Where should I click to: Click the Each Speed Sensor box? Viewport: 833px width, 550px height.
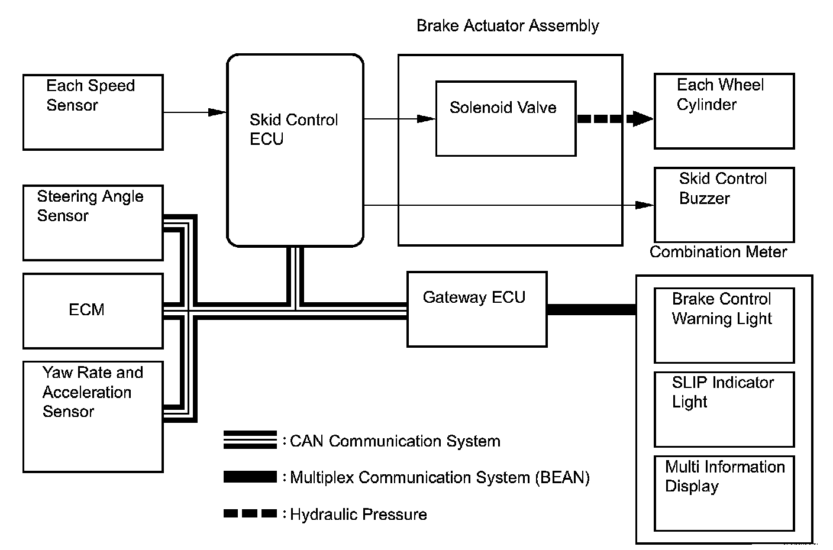pyautogui.click(x=93, y=112)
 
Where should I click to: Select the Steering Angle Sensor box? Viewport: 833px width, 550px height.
pyautogui.click(x=93, y=223)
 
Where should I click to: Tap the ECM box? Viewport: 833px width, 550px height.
pyautogui.click(x=93, y=311)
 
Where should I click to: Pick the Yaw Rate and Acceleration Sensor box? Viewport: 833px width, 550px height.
pyautogui.click(x=93, y=416)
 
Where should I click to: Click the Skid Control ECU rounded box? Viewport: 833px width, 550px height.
pyautogui.click(x=295, y=150)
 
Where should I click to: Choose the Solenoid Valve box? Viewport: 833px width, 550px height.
pyautogui.click(x=506, y=118)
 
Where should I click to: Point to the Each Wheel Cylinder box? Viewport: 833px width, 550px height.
pyautogui.click(x=724, y=111)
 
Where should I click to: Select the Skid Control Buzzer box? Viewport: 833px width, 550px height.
pyautogui.click(x=724, y=205)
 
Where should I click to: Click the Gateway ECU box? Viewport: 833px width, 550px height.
pyautogui.click(x=477, y=309)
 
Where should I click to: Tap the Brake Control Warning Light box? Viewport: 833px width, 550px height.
pyautogui.click(x=724, y=325)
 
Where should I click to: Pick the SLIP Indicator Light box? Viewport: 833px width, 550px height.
pyautogui.click(x=724, y=409)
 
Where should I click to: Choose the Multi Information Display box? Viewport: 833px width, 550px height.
pyautogui.click(x=724, y=493)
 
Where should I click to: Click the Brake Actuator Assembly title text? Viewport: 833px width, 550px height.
pyautogui.click(x=508, y=26)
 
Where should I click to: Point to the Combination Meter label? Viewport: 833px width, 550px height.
pyautogui.click(x=718, y=252)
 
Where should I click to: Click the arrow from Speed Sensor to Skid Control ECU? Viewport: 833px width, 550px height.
pyautogui.click(x=195, y=112)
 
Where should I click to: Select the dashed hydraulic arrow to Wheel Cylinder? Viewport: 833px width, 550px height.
pyautogui.click(x=615, y=119)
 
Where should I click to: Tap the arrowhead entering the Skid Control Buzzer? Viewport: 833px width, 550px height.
pyautogui.click(x=644, y=205)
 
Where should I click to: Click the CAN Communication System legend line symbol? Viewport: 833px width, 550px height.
pyautogui.click(x=250, y=439)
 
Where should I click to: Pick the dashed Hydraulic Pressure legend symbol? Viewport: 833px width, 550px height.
pyautogui.click(x=250, y=513)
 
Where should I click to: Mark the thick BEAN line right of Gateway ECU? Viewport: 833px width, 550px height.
pyautogui.click(x=592, y=309)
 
